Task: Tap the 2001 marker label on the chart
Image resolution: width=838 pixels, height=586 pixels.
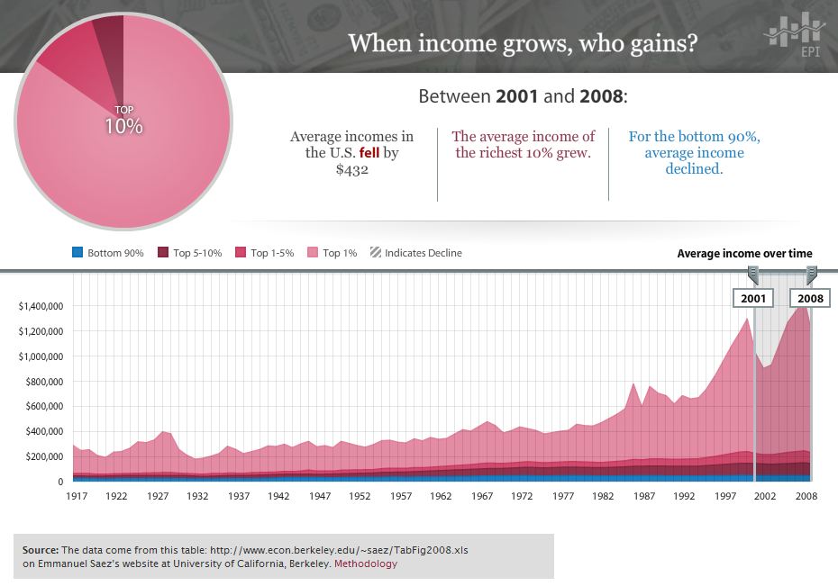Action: [753, 298]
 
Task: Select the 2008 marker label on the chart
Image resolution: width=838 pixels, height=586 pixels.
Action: [809, 298]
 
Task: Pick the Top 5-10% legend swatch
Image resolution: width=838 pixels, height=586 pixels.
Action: [163, 253]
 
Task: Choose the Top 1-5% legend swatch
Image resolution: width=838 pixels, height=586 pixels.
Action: [241, 253]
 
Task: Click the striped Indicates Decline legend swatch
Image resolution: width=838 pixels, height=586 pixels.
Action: [375, 253]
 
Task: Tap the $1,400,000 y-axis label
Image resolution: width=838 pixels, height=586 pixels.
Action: [40, 306]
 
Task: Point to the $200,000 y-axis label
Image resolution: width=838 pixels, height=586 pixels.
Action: [42, 456]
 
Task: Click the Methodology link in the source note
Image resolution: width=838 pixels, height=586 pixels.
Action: [366, 564]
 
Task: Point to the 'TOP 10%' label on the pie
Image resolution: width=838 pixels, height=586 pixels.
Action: [123, 122]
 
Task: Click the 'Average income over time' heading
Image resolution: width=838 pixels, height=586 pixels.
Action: [744, 254]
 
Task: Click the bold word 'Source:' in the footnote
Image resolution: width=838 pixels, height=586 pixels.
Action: [41, 549]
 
